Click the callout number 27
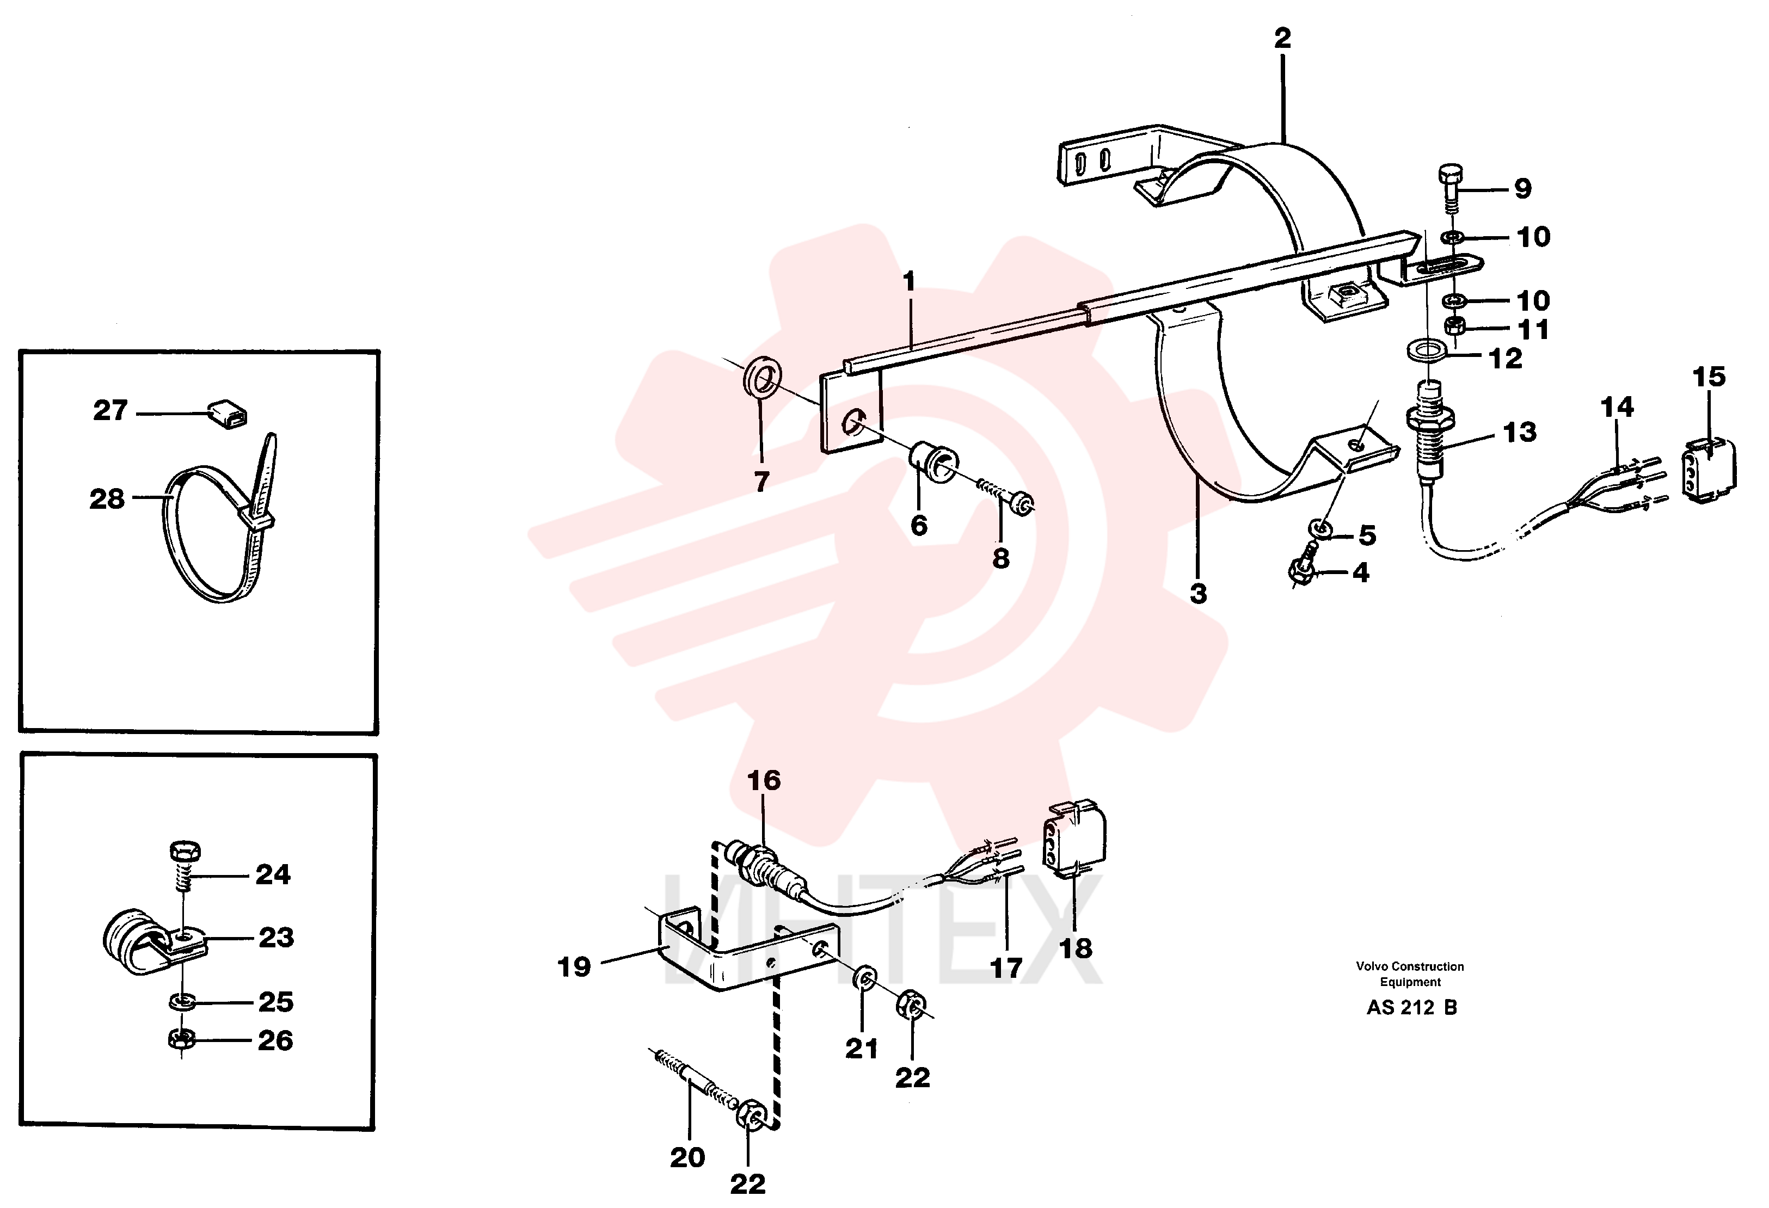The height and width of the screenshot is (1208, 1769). click(x=110, y=410)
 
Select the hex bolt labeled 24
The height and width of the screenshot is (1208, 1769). click(x=183, y=866)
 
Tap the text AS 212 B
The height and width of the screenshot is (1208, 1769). click(x=1411, y=1007)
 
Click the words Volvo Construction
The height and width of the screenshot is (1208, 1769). click(x=1410, y=966)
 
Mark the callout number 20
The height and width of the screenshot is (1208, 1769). click(x=687, y=1157)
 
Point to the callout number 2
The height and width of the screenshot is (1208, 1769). click(x=1282, y=38)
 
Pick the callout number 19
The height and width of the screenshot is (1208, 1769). click(x=574, y=967)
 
